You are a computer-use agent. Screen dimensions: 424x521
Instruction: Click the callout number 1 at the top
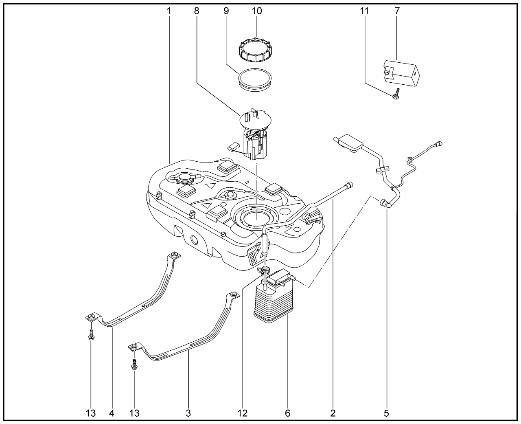click(168, 11)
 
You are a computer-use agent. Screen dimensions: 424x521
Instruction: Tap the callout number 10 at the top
click(257, 11)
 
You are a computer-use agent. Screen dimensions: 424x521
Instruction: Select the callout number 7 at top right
click(397, 11)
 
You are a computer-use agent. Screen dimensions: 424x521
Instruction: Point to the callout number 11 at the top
click(364, 11)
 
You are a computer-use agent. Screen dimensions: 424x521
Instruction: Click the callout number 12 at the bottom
click(243, 413)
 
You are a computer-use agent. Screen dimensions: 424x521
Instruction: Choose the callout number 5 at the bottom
click(386, 413)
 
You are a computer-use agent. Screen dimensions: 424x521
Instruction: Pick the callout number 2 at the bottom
click(333, 413)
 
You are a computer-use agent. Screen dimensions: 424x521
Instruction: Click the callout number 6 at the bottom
click(288, 413)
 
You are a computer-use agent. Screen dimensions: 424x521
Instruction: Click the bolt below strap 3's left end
click(134, 365)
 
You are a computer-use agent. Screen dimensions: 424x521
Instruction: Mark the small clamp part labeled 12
click(265, 270)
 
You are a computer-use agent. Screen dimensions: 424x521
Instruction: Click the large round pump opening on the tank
click(255, 216)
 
